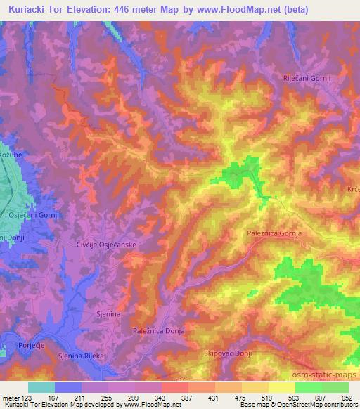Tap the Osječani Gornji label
[x=31, y=214]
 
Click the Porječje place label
[x=16, y=345]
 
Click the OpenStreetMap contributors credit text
[x=317, y=405]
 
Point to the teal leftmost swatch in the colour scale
[x=41, y=387]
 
